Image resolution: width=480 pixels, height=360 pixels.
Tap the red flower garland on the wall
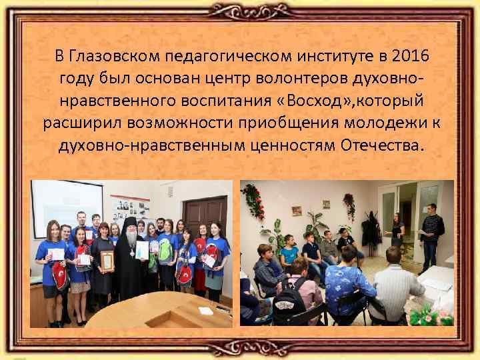click(x=253, y=200)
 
